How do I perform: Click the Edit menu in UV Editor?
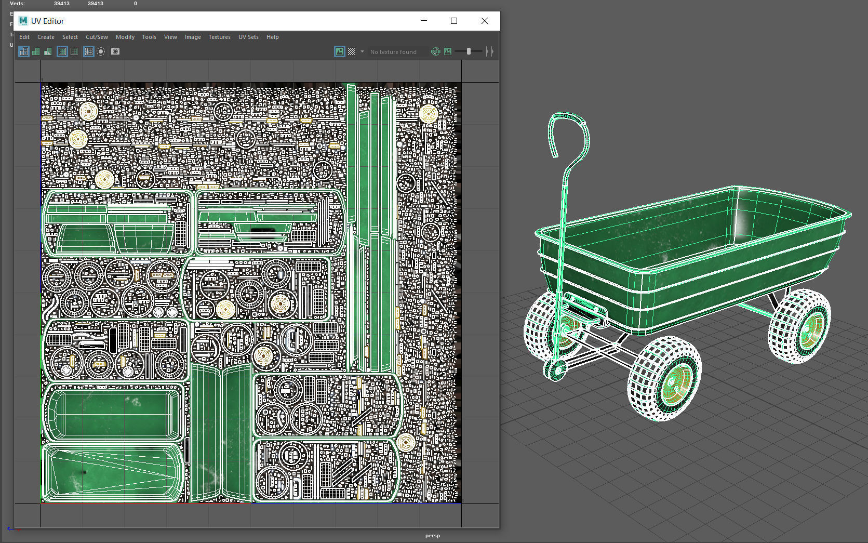pos(24,37)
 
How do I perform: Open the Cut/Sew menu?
pos(97,37)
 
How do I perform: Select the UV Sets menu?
pos(248,37)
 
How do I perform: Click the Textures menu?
pos(219,37)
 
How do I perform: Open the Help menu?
pos(272,37)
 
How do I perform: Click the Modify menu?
pos(125,37)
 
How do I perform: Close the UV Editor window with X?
pos(484,21)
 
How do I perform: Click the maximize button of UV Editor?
pos(453,21)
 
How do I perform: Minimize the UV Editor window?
pos(424,21)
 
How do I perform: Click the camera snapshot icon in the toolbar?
pos(115,51)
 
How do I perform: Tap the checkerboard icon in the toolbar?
pos(352,51)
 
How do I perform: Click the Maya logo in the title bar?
pos(23,21)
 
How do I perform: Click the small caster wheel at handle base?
pos(556,370)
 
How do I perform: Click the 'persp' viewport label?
pos(432,536)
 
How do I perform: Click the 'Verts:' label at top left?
pos(17,4)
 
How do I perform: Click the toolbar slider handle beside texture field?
pos(469,51)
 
